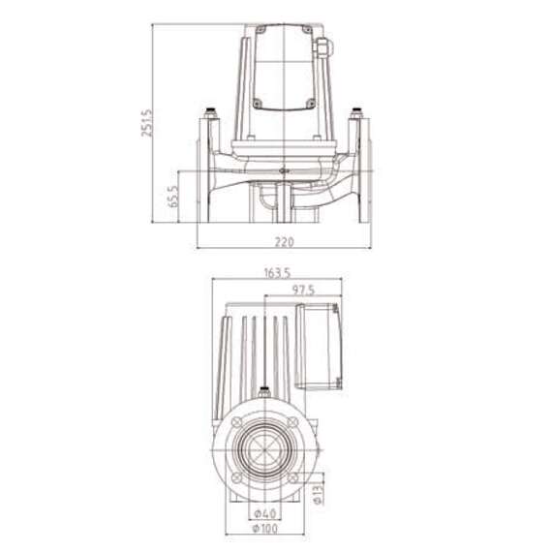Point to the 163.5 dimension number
click(x=277, y=273)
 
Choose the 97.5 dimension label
click(x=305, y=290)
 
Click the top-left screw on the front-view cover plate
click(x=260, y=34)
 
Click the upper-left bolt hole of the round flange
click(x=238, y=424)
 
